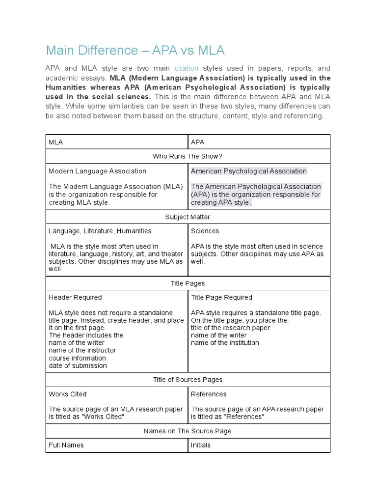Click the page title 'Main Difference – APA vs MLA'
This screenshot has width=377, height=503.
click(x=135, y=50)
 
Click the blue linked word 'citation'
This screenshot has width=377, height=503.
click(x=187, y=68)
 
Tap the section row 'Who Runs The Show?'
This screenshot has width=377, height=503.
click(x=188, y=156)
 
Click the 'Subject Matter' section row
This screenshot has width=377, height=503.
click(x=188, y=216)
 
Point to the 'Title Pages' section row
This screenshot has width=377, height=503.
click(x=188, y=283)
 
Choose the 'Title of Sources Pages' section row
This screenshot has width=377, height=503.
click(x=188, y=380)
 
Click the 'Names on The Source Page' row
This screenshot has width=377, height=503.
click(x=188, y=431)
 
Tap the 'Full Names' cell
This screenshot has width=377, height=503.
click(x=66, y=445)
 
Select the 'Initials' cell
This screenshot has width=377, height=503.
click(x=201, y=445)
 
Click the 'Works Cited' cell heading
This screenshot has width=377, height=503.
click(x=68, y=394)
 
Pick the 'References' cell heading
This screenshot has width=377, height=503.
click(x=209, y=394)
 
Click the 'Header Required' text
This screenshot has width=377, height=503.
click(x=75, y=297)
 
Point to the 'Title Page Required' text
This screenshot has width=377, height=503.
click(x=221, y=297)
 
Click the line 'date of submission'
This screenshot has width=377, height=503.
click(x=78, y=365)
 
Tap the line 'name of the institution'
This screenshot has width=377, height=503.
click(x=225, y=343)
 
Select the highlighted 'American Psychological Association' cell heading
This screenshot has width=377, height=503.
click(x=248, y=171)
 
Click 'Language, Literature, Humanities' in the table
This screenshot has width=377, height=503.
click(x=100, y=231)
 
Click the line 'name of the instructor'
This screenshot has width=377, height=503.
click(x=82, y=350)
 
